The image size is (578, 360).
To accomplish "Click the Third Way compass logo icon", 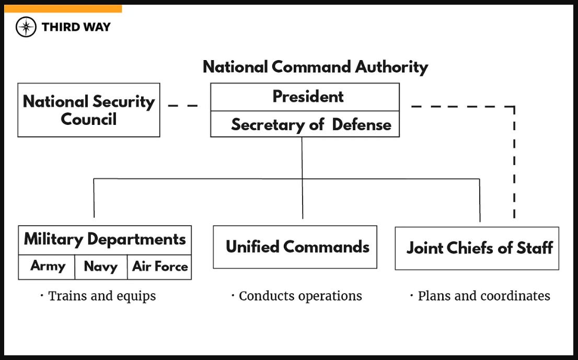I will click(x=26, y=27).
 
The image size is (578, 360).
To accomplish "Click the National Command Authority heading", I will click(x=315, y=67).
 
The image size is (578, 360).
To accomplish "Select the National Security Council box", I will click(x=89, y=110).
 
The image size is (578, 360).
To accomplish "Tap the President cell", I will click(x=305, y=97).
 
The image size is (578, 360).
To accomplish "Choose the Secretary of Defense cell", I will click(x=305, y=124).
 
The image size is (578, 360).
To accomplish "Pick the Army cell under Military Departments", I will click(x=47, y=266).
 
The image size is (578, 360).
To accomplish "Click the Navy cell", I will click(x=100, y=266).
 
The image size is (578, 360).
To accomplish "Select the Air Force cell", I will click(x=159, y=266).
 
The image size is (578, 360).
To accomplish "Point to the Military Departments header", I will click(x=105, y=239).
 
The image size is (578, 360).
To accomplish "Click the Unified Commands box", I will click(x=295, y=247).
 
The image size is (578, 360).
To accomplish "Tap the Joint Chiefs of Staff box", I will click(x=477, y=248).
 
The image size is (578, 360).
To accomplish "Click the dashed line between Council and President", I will click(x=183, y=106).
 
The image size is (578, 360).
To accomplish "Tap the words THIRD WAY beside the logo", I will click(x=76, y=27).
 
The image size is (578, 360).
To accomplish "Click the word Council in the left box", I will click(x=89, y=119).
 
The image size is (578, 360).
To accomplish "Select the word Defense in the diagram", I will click(x=362, y=124).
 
